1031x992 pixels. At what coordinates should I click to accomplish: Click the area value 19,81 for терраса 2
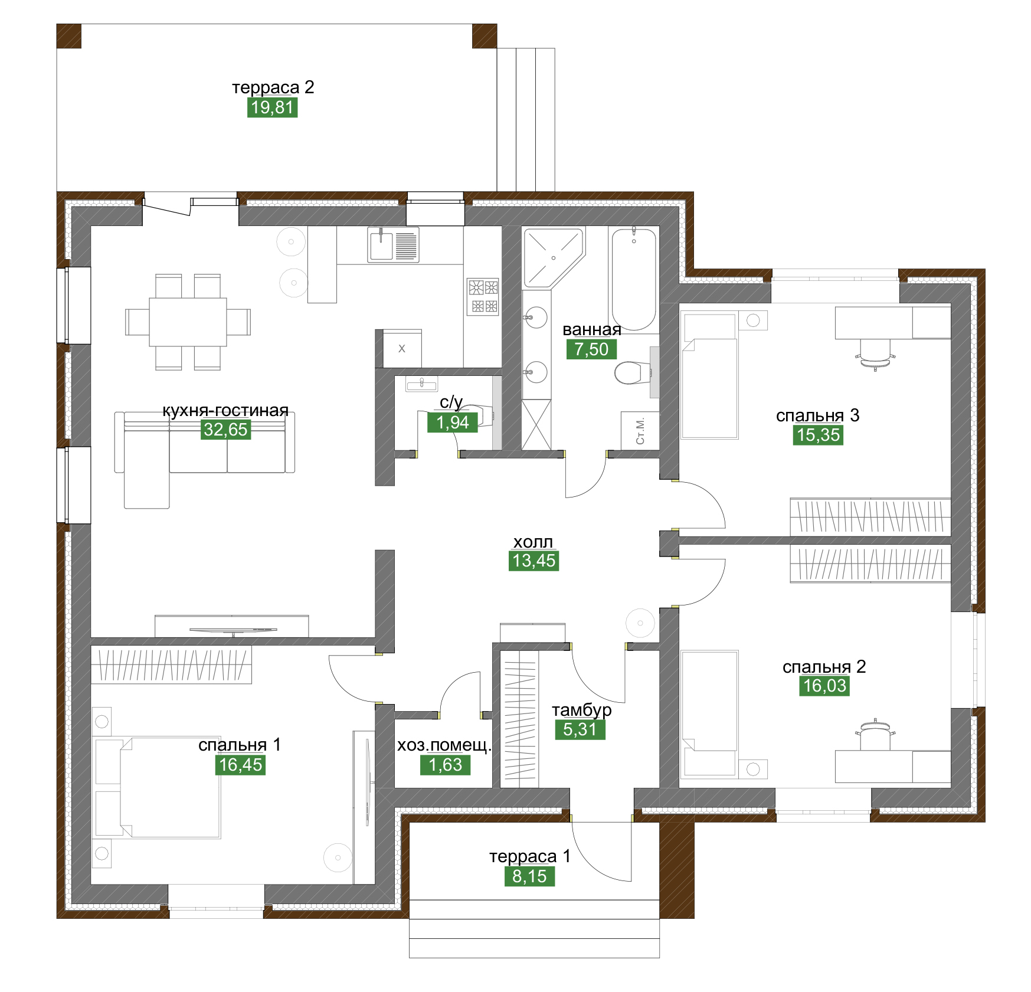pos(272,107)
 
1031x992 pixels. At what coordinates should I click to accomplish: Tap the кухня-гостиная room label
pos(225,410)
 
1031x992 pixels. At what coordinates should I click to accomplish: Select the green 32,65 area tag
pos(225,430)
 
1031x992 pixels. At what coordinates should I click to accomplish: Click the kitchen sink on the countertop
pos(393,245)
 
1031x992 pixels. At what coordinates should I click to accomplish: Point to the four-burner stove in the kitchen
pos(483,297)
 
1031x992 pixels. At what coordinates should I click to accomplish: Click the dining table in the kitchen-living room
pos(188,322)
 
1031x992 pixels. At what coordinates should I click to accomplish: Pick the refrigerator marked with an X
pos(402,349)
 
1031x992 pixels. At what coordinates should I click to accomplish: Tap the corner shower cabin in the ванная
pos(553,257)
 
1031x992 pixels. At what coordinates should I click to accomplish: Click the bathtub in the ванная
pos(634,279)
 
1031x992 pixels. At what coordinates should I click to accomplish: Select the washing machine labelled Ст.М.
pos(640,430)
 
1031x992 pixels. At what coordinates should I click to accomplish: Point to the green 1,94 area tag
pos(452,423)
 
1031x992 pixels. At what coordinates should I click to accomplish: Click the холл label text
pos(533,542)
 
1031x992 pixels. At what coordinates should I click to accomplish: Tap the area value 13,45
pos(533,561)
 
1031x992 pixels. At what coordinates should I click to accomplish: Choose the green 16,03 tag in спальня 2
pos(824,686)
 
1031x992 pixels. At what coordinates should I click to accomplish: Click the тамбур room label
pos(581,710)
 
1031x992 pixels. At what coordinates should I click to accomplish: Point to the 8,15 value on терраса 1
pos(529,876)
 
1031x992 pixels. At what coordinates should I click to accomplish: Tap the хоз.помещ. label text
pos(444,745)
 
